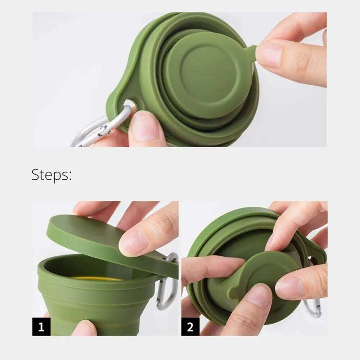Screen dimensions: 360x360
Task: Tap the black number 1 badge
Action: pyautogui.click(x=41, y=327)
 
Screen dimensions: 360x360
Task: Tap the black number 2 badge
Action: pyautogui.click(x=190, y=327)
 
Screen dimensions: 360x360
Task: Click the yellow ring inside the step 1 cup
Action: pyautogui.click(x=97, y=278)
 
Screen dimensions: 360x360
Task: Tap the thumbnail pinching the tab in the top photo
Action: pyautogui.click(x=270, y=54)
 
